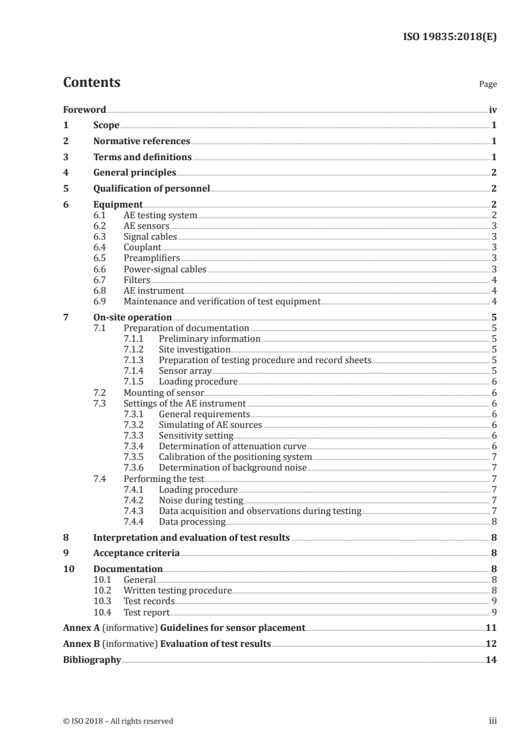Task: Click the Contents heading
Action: tap(92, 83)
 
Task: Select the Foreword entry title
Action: tap(84, 109)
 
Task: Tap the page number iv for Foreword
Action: tap(493, 109)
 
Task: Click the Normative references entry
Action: tap(142, 142)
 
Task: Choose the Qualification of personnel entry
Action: tap(152, 188)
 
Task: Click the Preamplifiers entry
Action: tap(152, 258)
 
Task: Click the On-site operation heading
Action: tap(132, 317)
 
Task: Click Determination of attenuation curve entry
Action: tap(232, 446)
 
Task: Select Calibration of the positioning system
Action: tap(235, 457)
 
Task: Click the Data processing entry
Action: tap(192, 521)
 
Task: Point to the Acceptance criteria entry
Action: tap(136, 553)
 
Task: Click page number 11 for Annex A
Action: tap(491, 628)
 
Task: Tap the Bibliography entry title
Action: tap(92, 660)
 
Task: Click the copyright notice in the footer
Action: tap(118, 721)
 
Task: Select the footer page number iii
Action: tap(493, 721)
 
